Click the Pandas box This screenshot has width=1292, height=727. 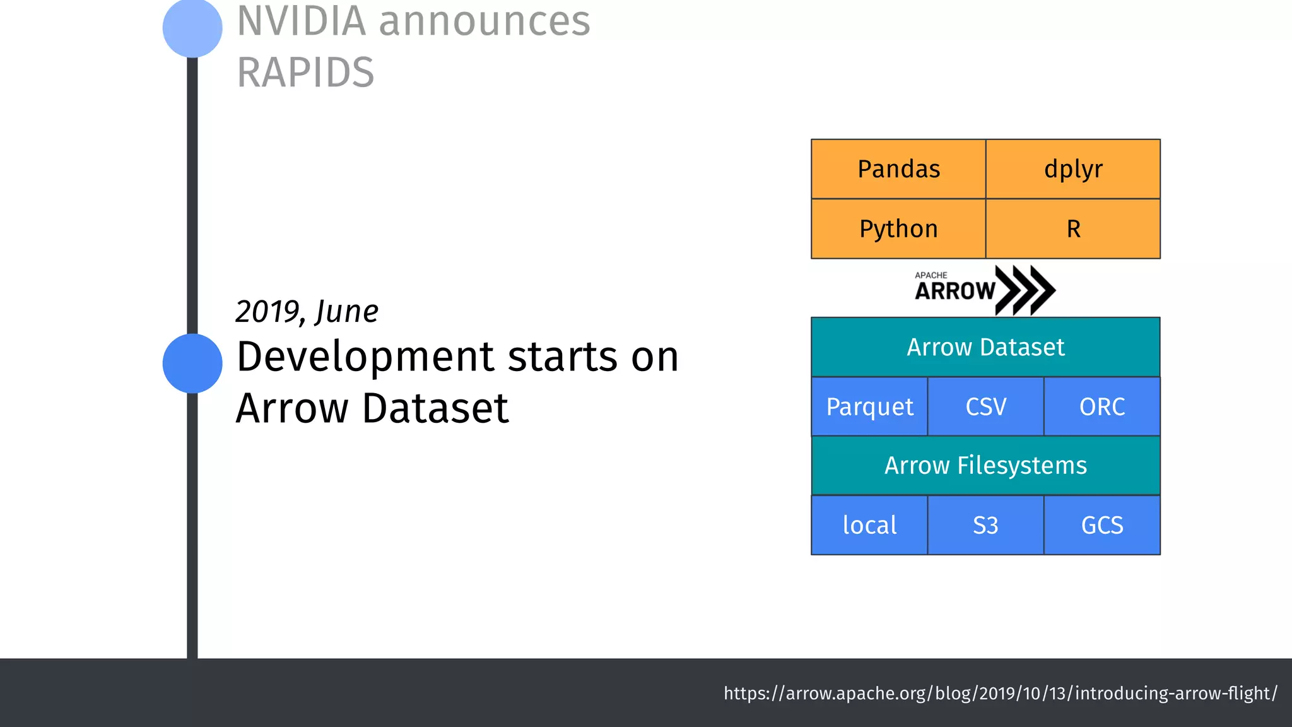898,169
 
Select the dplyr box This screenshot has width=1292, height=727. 1072,169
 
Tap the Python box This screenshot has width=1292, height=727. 898,228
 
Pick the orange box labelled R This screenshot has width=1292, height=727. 1072,228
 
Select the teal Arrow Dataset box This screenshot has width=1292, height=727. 985,347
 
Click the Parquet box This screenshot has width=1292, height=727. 869,406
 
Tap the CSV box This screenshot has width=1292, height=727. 985,406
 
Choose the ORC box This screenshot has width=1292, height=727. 1101,406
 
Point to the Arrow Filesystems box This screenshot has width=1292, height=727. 985,466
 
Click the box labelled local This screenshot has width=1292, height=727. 869,525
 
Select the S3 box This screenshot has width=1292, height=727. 985,525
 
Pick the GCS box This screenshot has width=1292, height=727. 1101,525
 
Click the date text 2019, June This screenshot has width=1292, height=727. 307,312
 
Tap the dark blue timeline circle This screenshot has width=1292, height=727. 192,363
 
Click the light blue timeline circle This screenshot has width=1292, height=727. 192,28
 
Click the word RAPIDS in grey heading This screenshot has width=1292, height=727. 305,72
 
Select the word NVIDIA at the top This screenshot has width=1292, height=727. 302,21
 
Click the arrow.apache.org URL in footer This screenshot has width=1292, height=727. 1000,693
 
